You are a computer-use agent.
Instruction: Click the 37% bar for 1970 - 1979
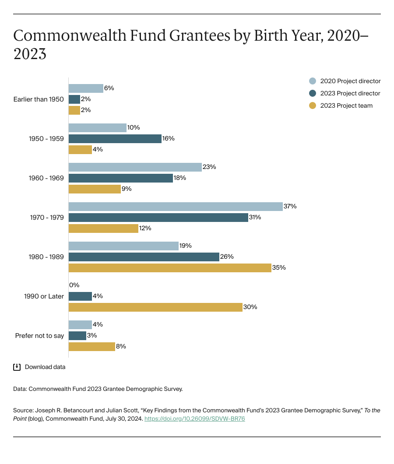(x=175, y=206)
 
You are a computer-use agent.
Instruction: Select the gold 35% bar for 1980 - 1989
(x=169, y=267)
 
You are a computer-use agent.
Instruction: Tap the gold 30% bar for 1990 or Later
(x=155, y=307)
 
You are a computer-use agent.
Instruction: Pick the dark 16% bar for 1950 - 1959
(x=115, y=138)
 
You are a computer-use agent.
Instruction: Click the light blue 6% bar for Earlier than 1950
(x=85, y=88)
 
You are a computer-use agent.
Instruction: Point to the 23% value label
(x=209, y=167)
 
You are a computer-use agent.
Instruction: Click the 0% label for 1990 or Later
(x=74, y=285)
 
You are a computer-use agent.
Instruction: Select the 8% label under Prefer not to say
(x=121, y=346)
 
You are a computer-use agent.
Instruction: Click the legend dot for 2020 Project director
(x=312, y=81)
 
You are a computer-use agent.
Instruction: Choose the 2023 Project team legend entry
(x=346, y=105)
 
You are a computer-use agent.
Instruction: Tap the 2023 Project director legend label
(x=350, y=93)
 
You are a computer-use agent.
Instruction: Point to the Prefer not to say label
(x=39, y=336)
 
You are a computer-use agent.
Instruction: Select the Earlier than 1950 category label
(x=39, y=99)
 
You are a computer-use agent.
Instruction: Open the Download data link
(x=45, y=367)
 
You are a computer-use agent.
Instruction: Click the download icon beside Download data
(x=17, y=367)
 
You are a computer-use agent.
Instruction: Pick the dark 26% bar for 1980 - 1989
(x=144, y=257)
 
